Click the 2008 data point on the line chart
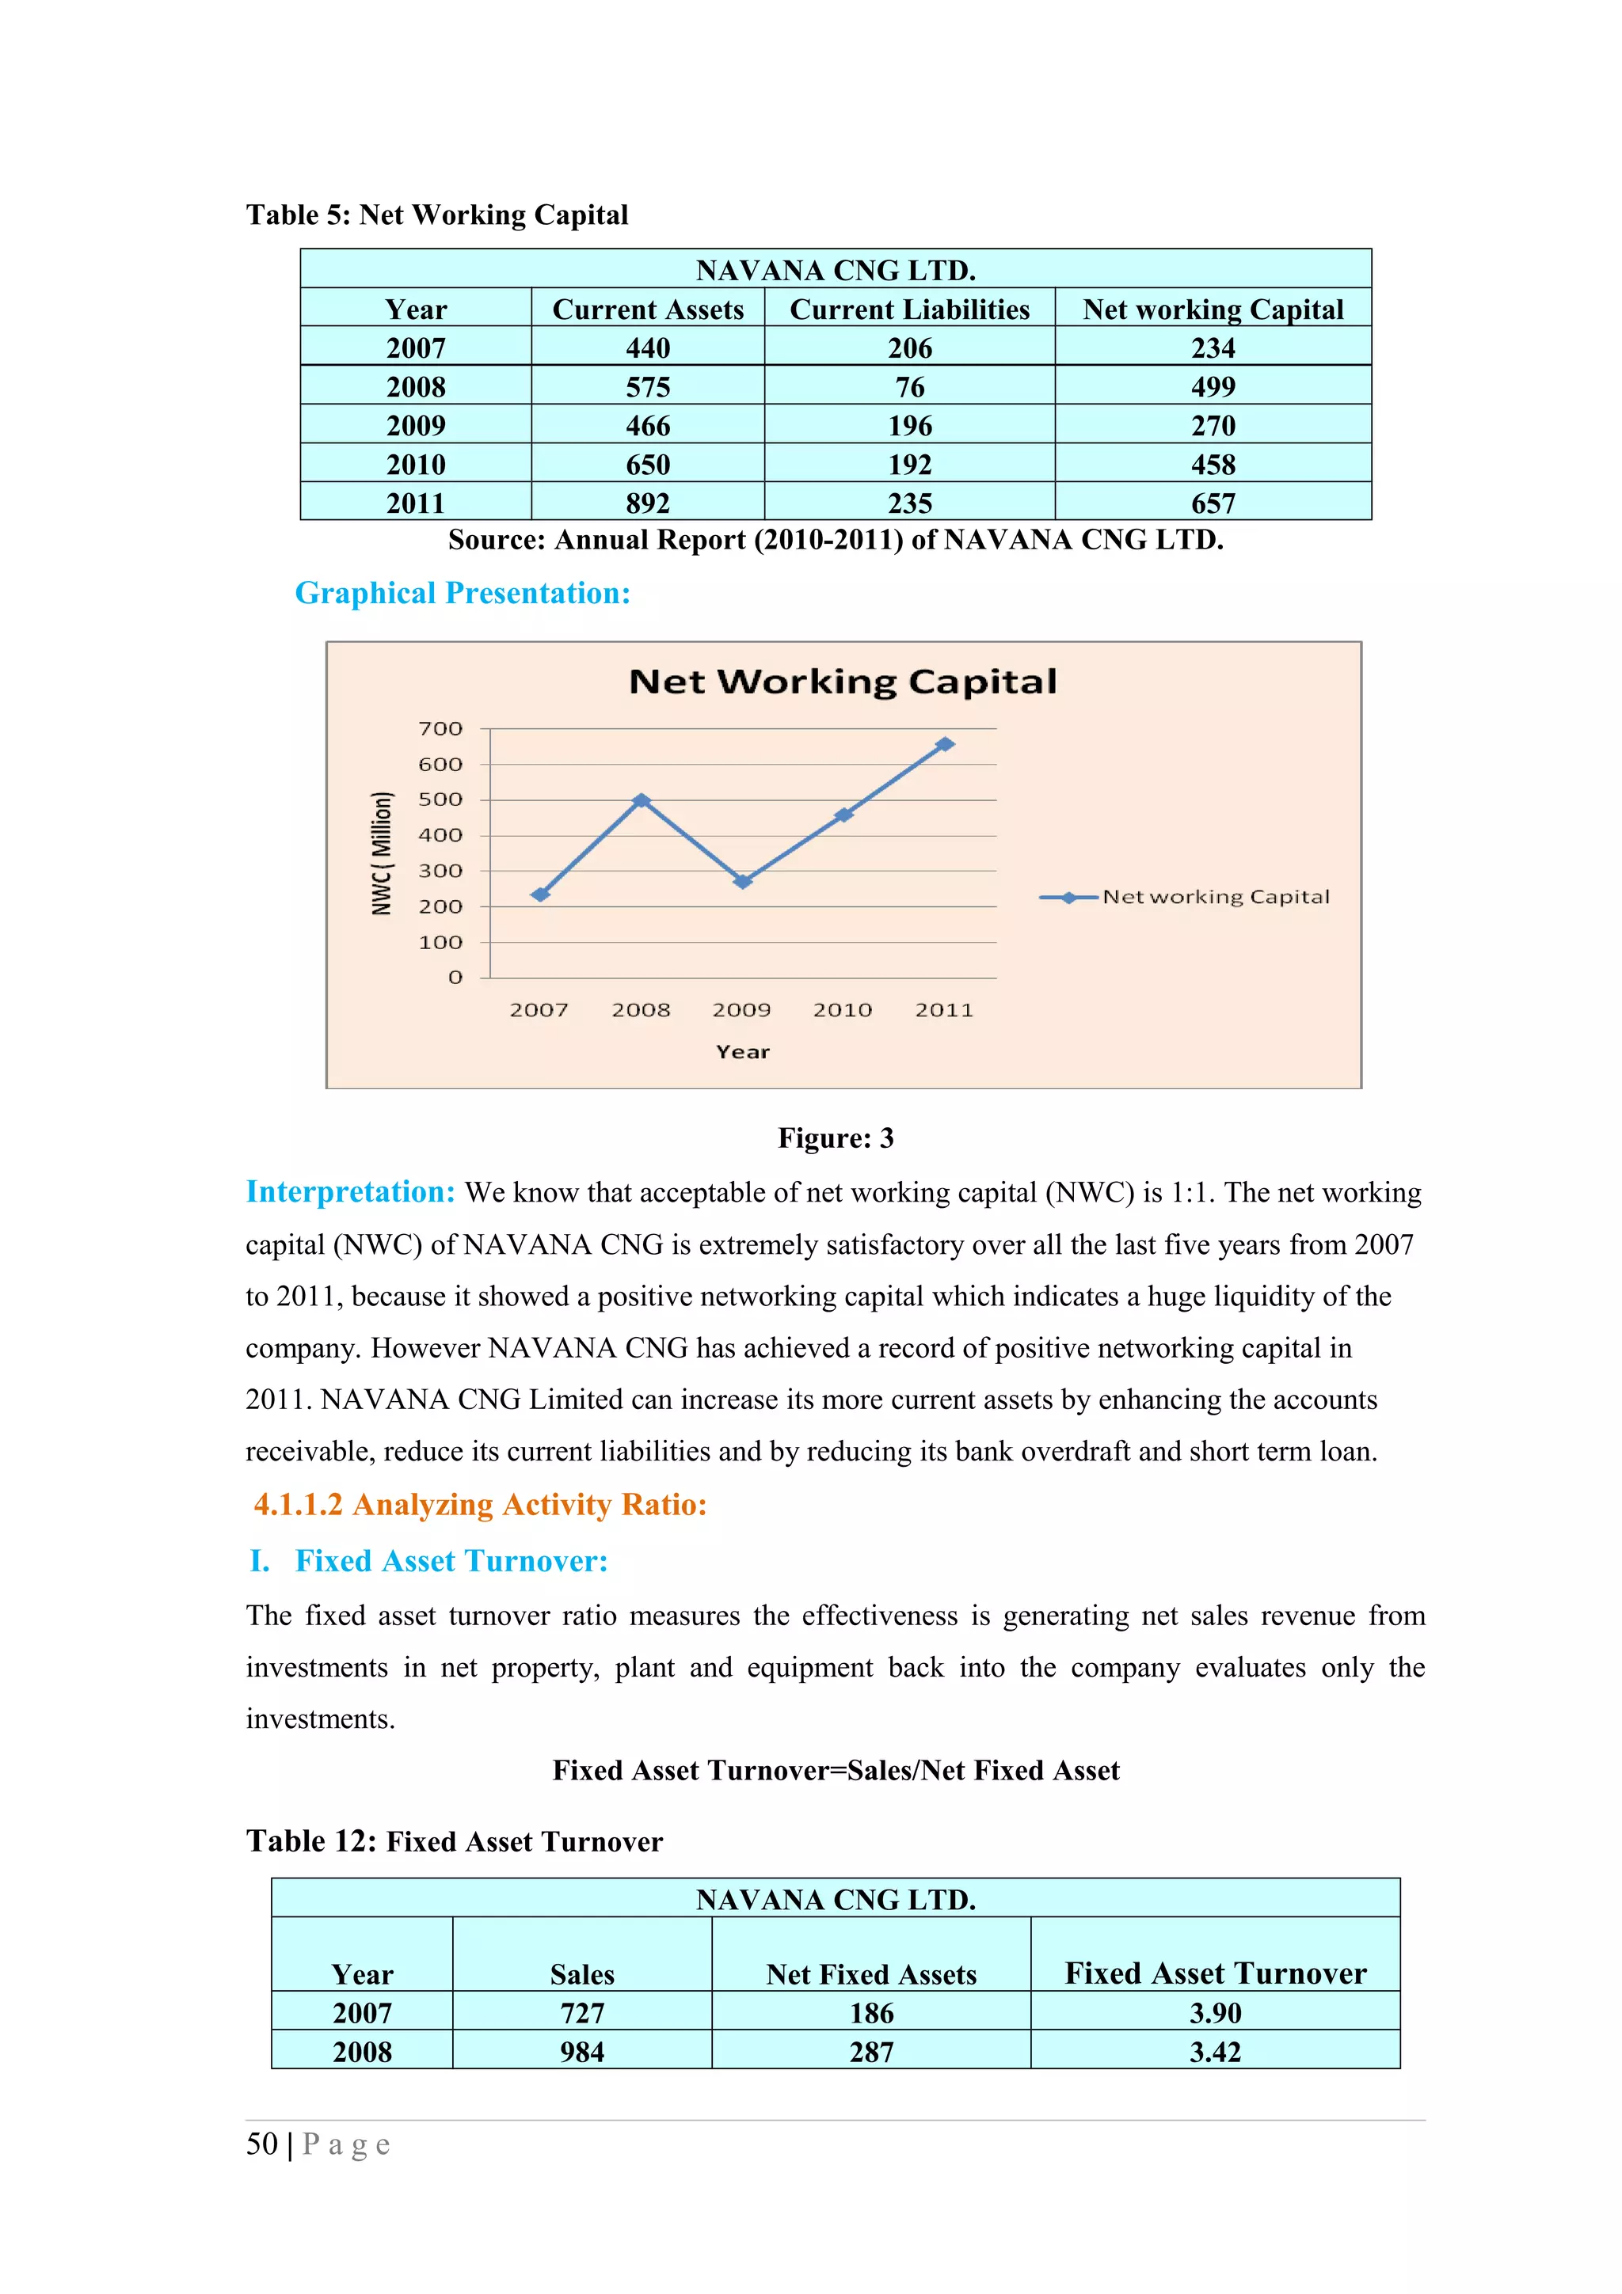[x=642, y=800]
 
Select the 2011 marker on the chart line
[x=944, y=744]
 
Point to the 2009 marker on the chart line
[x=743, y=881]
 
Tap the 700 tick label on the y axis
[x=440, y=728]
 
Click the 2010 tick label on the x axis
[x=843, y=1010]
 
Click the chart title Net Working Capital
[x=843, y=682]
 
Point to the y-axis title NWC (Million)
[x=381, y=853]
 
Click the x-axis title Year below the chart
[x=743, y=1052]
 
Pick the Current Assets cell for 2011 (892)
[x=648, y=503]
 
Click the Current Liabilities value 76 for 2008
[x=909, y=386]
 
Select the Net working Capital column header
[x=1213, y=310]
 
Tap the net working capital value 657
[x=1213, y=503]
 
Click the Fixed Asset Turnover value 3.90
[x=1214, y=2012]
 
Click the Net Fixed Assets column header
[x=870, y=1974]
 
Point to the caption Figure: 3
[x=836, y=1138]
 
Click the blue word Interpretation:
[x=350, y=1192]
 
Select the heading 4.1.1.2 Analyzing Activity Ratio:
[x=480, y=1505]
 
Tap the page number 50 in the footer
[x=262, y=2144]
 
